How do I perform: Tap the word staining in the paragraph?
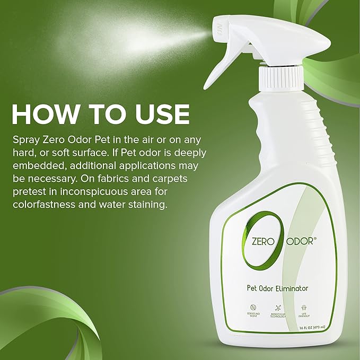pos(146,204)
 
